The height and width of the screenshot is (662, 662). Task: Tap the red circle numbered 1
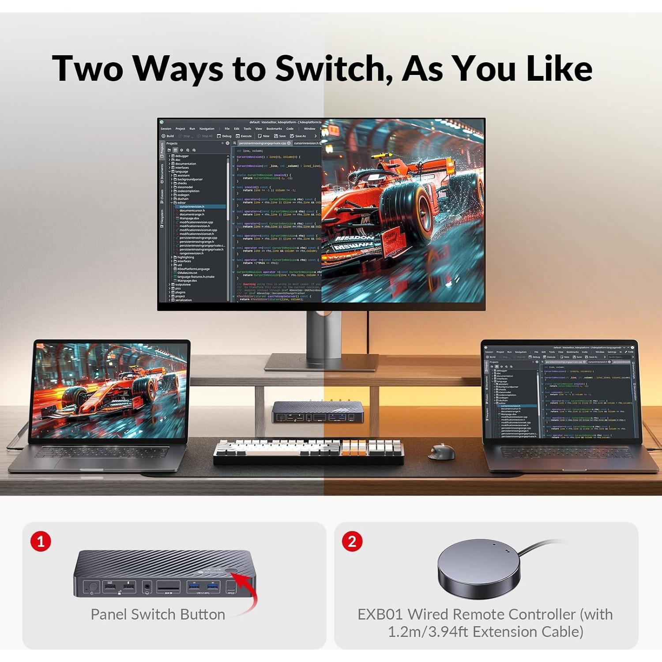click(x=41, y=541)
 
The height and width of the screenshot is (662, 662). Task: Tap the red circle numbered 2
click(x=352, y=541)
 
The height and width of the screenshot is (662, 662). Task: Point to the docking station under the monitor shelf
click(x=317, y=412)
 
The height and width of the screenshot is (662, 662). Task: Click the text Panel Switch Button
click(x=158, y=614)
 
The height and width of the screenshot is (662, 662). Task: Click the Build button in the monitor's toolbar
click(x=168, y=136)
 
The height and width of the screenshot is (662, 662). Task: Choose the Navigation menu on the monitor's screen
click(x=207, y=129)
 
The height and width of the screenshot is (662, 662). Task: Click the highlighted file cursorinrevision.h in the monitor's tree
click(x=192, y=207)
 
